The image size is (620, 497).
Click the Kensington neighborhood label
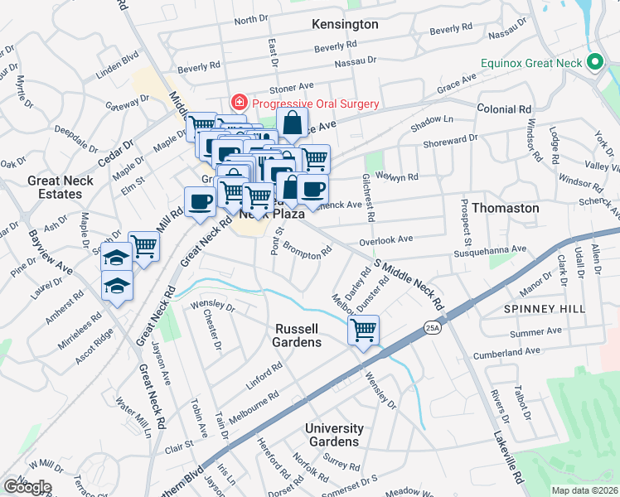click(x=345, y=24)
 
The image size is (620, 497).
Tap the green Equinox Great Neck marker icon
click(x=593, y=63)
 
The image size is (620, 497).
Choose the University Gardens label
click(x=334, y=435)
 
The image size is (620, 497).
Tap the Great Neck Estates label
click(x=55, y=187)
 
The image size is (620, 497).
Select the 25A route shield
click(x=432, y=328)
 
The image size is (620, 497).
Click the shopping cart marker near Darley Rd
click(x=363, y=330)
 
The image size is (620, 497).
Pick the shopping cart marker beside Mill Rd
click(x=144, y=245)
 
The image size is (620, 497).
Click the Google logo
click(x=27, y=486)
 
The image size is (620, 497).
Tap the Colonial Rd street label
click(x=504, y=109)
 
